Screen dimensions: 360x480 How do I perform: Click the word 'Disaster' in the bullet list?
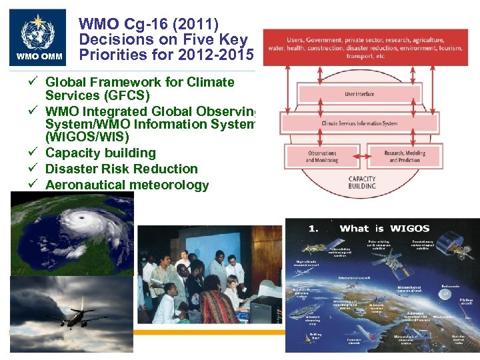71,169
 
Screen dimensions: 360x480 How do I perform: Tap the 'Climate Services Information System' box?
359,123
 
